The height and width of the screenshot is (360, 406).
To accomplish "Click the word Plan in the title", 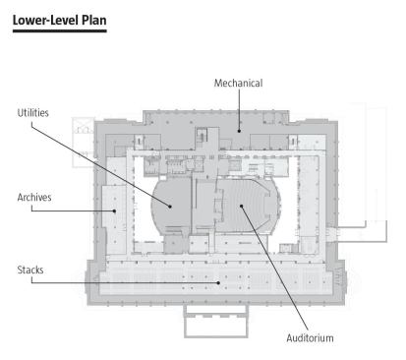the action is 93,20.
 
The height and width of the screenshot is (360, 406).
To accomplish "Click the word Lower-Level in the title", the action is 45,20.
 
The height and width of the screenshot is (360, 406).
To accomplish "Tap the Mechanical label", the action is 238,83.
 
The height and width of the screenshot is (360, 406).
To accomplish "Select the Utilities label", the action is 32,113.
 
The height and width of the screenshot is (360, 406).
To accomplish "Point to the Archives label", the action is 34,198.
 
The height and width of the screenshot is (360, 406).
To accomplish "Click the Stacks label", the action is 30,270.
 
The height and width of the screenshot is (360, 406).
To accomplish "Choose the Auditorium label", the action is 310,338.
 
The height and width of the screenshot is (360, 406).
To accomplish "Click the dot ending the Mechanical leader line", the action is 239,131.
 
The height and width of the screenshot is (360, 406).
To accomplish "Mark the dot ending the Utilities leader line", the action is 170,207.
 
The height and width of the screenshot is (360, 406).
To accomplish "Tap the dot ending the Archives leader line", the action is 114,210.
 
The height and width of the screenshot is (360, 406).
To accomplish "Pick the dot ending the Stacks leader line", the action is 218,282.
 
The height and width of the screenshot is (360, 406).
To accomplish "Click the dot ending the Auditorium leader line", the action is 241,206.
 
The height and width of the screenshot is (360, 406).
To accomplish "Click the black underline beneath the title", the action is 60,31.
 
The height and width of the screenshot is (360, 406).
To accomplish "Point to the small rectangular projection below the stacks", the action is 216,321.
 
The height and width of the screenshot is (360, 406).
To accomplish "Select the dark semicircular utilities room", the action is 171,206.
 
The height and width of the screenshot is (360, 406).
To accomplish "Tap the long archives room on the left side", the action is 114,219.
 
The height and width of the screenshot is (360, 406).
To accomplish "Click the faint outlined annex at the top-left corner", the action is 84,143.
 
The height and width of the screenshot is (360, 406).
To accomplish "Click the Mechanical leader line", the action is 239,109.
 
